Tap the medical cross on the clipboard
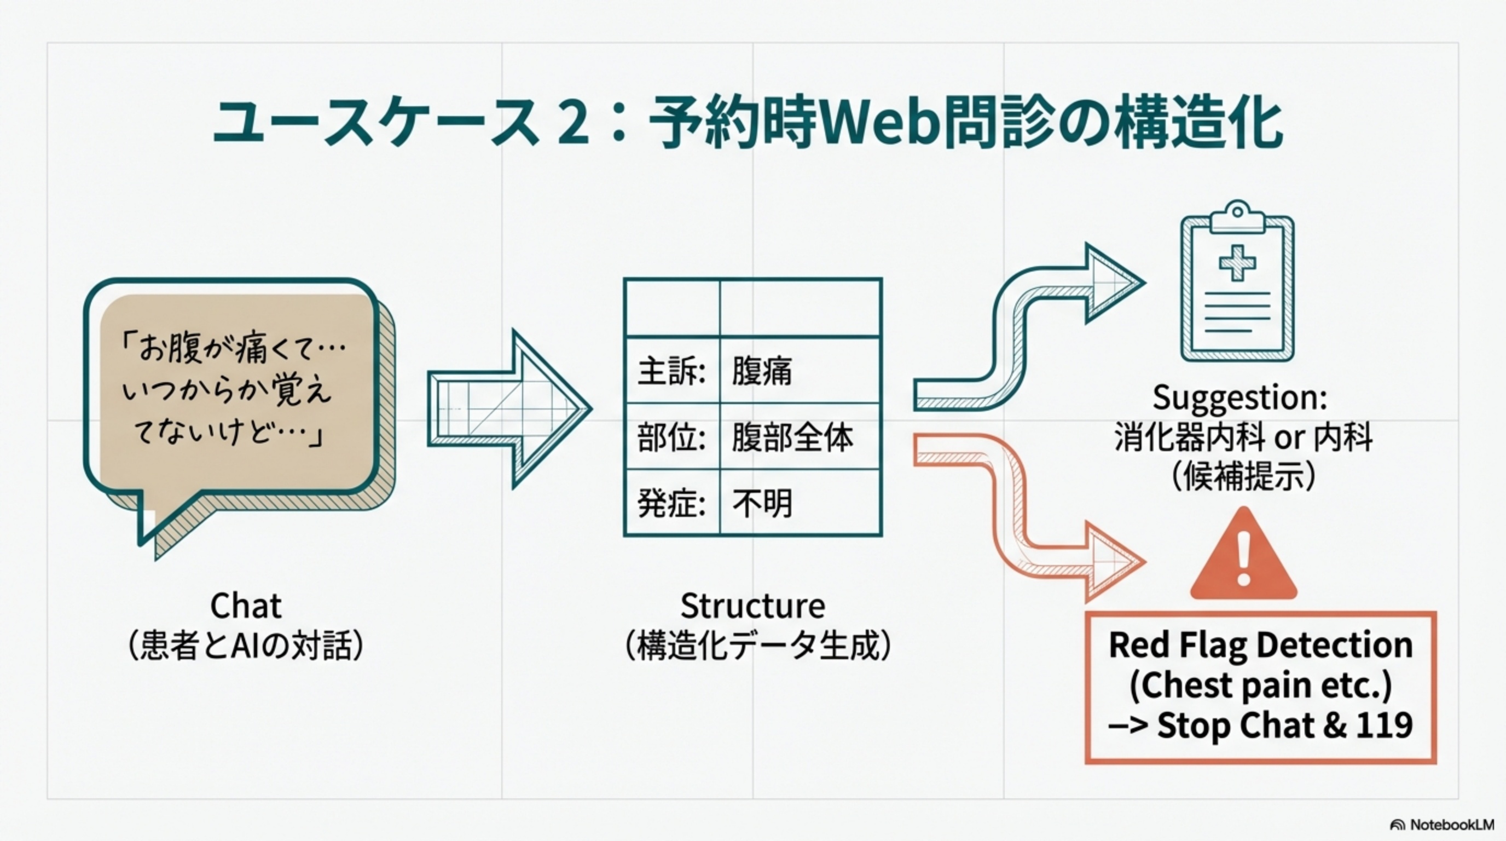tap(1237, 263)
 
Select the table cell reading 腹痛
tap(762, 371)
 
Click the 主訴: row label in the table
tap(671, 371)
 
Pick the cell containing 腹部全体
tap(792, 437)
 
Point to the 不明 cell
tap(762, 503)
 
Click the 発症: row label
tap(671, 503)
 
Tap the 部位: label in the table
tap(671, 437)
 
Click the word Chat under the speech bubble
tap(246, 606)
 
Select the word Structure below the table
tap(753, 606)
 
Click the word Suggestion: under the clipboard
tap(1239, 398)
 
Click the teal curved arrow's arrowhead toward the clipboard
tap(1111, 284)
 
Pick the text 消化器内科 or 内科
tap(1243, 437)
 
